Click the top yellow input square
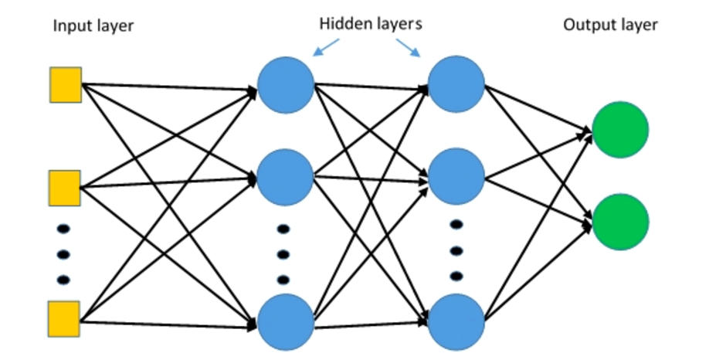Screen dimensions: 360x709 point(66,84)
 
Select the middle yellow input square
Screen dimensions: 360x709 point(66,187)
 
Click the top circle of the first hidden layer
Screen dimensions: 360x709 point(286,85)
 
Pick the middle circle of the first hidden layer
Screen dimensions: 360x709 point(286,177)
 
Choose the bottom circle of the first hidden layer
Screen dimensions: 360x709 point(286,322)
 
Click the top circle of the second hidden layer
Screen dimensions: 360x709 point(456,85)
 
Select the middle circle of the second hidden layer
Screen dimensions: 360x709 point(456,177)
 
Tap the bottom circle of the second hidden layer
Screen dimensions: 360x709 point(456,322)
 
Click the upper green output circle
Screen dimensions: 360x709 point(621,131)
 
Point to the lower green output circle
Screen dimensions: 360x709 point(621,222)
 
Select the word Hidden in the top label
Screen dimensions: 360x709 point(342,24)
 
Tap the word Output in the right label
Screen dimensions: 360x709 point(586,25)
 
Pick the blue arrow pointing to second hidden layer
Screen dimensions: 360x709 point(409,48)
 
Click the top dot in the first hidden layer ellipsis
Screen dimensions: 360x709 point(283,229)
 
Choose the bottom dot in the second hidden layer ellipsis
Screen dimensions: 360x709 point(456,276)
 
